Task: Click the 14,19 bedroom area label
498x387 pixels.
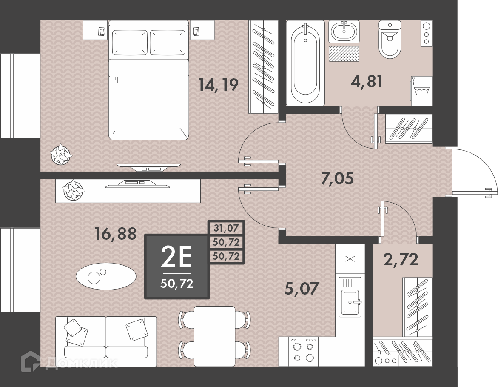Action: [218, 85]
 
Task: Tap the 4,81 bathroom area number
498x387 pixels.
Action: [367, 81]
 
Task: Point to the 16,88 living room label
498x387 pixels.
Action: [116, 234]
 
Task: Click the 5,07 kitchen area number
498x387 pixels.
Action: [302, 289]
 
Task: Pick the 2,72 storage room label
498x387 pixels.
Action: [401, 259]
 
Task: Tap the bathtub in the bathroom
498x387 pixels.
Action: [305, 63]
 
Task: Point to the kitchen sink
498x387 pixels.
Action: [350, 297]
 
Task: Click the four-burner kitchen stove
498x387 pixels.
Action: [303, 351]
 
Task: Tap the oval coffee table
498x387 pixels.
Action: [106, 276]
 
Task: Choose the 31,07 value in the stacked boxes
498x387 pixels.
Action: [226, 228]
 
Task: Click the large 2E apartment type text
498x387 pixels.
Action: [176, 257]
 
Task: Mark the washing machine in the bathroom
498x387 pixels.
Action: [421, 91]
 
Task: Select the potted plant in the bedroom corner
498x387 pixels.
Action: [61, 154]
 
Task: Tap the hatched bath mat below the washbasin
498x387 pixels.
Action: [344, 53]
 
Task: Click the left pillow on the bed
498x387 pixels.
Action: [130, 43]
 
